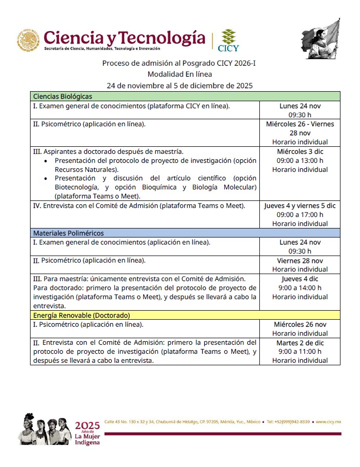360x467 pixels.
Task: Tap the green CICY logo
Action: (x=228, y=40)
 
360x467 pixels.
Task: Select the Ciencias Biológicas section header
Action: (x=63, y=96)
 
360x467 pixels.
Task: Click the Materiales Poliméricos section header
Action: (x=69, y=233)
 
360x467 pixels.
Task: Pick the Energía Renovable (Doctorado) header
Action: (x=82, y=315)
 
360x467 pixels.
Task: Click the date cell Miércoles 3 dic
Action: (x=300, y=151)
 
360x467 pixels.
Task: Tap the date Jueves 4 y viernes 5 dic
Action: (x=300, y=205)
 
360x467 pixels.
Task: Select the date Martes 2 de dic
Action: (x=300, y=343)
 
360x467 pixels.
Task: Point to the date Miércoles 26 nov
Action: (x=300, y=324)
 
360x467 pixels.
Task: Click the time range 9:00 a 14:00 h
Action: (x=300, y=288)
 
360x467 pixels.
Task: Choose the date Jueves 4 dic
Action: (x=300, y=279)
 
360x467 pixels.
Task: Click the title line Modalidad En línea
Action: (x=182, y=74)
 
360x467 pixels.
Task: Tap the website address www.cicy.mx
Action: (x=328, y=421)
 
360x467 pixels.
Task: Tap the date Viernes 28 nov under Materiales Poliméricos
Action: (x=300, y=261)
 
